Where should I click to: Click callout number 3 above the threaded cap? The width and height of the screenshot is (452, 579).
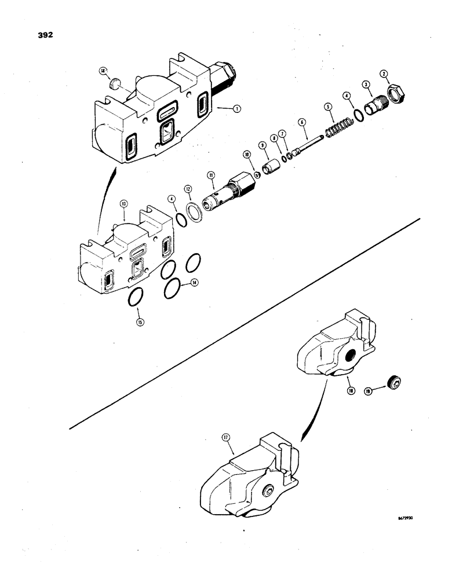point(366,85)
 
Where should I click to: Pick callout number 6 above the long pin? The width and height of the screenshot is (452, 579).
point(302,122)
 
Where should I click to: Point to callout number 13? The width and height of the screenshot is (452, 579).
point(123,204)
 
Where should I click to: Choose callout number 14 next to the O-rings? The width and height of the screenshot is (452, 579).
point(195,284)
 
